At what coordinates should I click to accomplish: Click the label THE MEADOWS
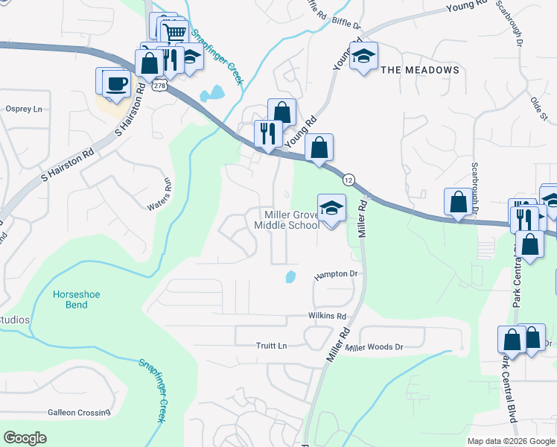(420, 70)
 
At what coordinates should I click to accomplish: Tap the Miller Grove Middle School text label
(287, 220)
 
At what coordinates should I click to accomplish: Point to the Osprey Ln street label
(24, 109)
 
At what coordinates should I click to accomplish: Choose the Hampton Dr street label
(336, 274)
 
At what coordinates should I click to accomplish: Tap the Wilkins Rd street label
(327, 316)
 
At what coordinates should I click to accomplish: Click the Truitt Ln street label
(271, 346)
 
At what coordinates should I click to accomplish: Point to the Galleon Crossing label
(79, 412)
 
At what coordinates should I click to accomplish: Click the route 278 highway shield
(159, 86)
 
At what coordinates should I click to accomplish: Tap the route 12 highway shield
(348, 180)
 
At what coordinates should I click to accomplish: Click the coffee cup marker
(115, 82)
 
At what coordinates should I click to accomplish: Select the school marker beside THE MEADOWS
(363, 57)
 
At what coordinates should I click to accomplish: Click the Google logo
(25, 438)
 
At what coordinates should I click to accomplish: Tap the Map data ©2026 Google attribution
(512, 441)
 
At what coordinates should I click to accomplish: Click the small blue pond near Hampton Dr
(290, 277)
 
